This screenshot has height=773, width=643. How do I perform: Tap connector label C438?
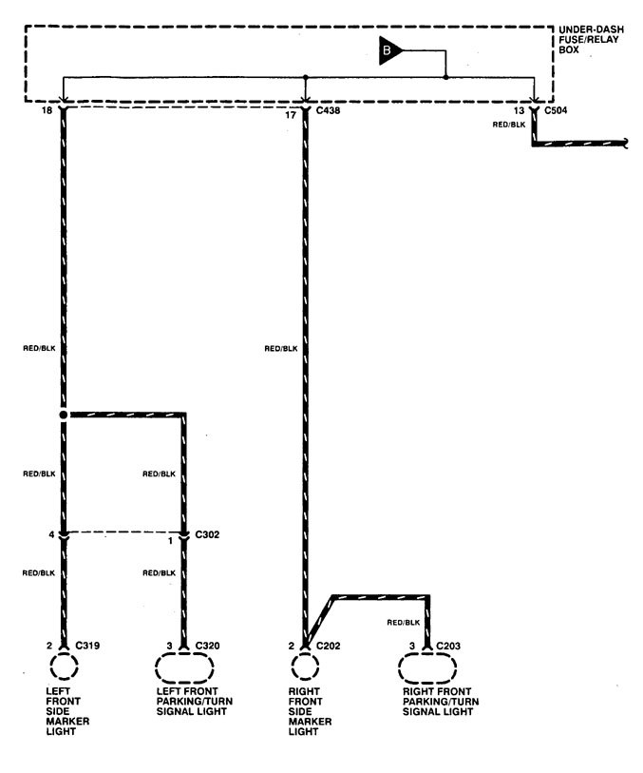pos(329,112)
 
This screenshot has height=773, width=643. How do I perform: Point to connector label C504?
pos(556,112)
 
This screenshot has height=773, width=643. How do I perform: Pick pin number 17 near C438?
pos(291,112)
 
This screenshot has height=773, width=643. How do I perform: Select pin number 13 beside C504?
pos(520,112)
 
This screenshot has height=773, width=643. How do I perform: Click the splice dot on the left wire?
pos(64,415)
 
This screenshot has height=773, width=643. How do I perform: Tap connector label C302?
pos(206,534)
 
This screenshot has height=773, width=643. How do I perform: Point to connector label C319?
pos(88,647)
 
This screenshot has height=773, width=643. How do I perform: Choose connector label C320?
pos(208,647)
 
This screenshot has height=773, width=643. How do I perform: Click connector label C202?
pos(329,647)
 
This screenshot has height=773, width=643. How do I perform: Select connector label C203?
pos(449,647)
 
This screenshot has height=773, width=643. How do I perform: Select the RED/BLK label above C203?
pos(405,622)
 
